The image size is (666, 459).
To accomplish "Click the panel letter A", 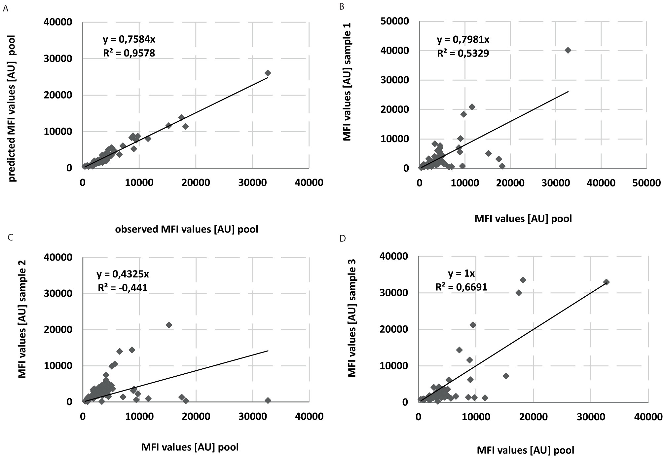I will tap(5, 9).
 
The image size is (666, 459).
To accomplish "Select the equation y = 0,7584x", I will tap(129, 39).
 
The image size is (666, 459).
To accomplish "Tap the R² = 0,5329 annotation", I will tap(463, 53).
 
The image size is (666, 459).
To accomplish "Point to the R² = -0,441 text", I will tap(123, 288).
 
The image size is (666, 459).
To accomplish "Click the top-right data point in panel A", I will tap(268, 73).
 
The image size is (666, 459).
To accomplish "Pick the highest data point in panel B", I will tap(568, 50).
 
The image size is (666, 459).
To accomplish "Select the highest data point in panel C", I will tap(169, 325).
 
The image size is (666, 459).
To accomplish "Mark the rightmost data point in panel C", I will tap(268, 400).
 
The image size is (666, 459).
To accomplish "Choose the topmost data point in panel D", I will tap(523, 280).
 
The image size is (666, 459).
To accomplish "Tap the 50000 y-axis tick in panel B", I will tap(397, 21).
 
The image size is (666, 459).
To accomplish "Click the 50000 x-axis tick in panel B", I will tap(646, 183).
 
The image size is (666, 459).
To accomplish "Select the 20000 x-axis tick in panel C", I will tap(196, 416).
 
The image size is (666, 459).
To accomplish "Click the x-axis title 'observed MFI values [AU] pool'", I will tap(187, 229).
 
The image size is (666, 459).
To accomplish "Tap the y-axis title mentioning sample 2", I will tap(22, 318).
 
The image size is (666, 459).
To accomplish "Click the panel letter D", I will tap(343, 238).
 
